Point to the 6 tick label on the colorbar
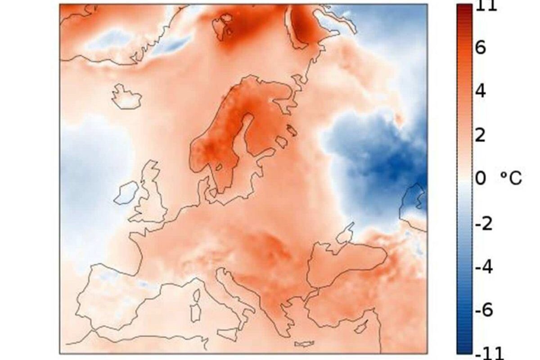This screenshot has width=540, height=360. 480,48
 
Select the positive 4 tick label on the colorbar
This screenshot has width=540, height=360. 480,91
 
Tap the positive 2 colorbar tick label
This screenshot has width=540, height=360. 480,135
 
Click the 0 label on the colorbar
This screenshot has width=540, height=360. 480,178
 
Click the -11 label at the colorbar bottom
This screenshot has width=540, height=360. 486,353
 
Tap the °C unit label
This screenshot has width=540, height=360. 511,178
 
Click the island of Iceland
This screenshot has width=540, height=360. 126,96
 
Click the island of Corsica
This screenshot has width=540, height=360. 196,295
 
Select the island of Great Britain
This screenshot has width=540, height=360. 151,198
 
